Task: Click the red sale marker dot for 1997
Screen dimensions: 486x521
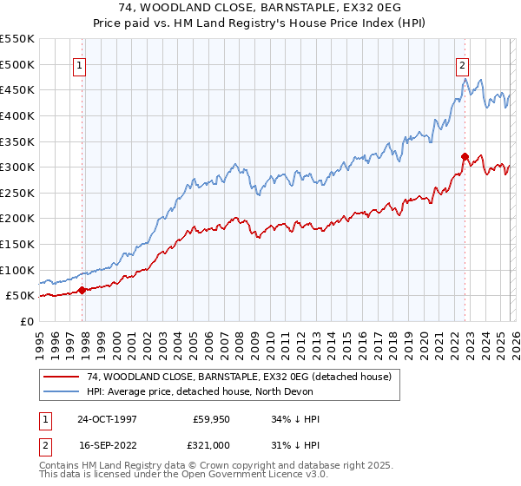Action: [x=82, y=291]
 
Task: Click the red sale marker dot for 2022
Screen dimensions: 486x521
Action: [x=465, y=156]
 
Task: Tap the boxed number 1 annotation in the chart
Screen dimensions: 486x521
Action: [x=79, y=64]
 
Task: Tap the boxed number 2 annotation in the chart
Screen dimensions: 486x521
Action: [x=462, y=64]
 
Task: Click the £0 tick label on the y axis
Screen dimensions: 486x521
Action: [x=26, y=321]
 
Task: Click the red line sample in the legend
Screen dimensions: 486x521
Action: [x=62, y=377]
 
